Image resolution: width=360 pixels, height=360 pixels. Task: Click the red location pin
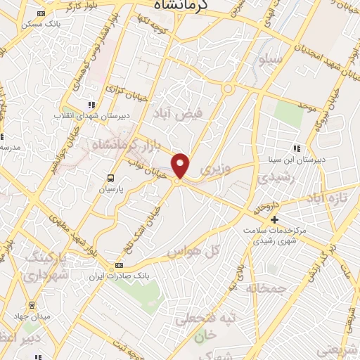[181, 165]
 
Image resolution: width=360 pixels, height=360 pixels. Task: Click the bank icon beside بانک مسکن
[41, 13]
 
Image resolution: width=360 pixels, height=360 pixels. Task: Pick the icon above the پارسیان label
[110, 178]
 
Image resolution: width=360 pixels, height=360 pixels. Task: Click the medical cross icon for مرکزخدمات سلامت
[276, 220]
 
